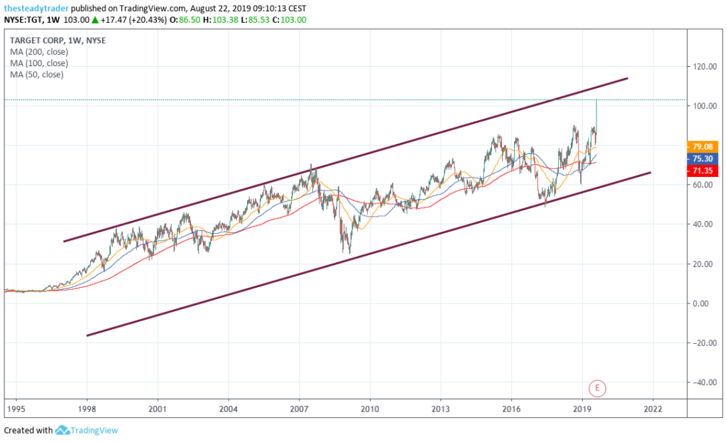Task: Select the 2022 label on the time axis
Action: click(652, 409)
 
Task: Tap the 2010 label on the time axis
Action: click(368, 409)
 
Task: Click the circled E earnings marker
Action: click(598, 388)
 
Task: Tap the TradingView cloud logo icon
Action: click(62, 430)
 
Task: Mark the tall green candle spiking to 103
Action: click(596, 114)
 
